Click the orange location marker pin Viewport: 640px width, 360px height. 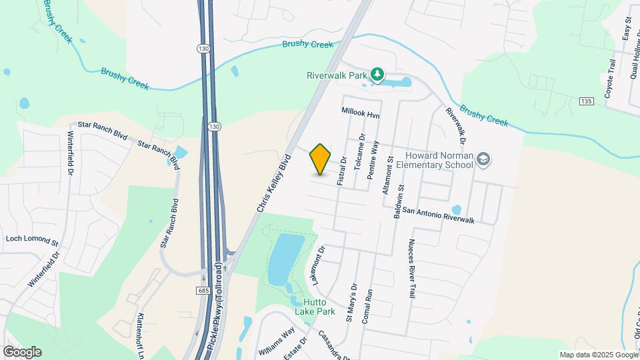(321, 159)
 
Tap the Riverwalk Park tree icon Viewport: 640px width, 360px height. (377, 74)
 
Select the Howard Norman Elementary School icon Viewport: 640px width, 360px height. (483, 159)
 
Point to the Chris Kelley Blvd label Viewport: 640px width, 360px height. (274, 184)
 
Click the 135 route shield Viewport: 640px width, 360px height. (585, 101)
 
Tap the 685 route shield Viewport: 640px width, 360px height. (203, 291)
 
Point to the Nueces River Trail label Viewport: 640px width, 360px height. (412, 267)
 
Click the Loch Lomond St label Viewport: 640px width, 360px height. (32, 238)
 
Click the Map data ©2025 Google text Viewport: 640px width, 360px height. (598, 355)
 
